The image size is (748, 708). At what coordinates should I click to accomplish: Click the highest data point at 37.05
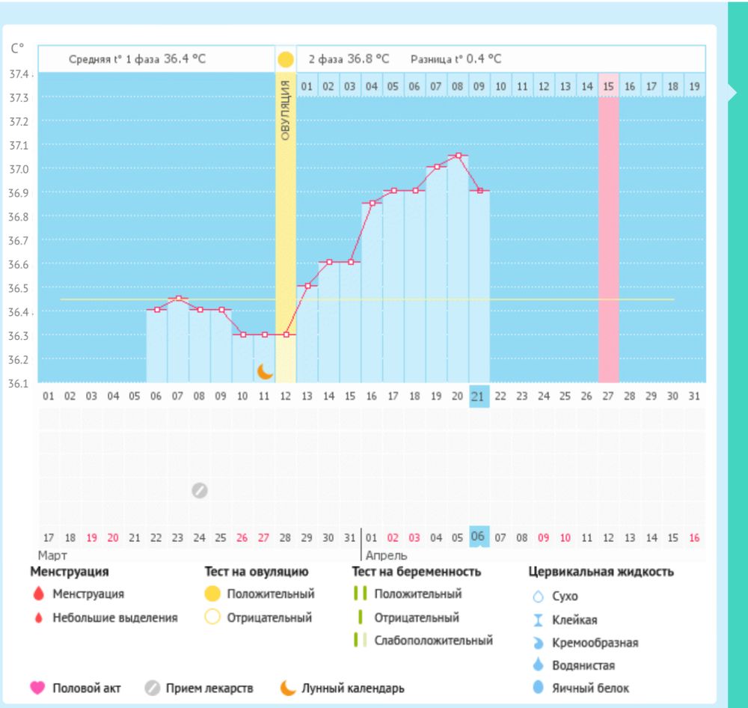pos(458,156)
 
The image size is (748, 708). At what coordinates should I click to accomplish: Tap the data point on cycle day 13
pos(307,286)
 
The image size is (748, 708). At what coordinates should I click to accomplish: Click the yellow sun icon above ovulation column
pos(285,60)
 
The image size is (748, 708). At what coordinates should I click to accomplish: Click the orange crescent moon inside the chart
pos(265,371)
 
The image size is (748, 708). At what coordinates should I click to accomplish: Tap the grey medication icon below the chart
pos(199,490)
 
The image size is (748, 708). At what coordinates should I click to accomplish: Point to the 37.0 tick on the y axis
pos(19,169)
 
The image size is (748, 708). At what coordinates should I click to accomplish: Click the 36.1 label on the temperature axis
pos(19,384)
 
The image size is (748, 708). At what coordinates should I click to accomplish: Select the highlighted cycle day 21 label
pos(479,396)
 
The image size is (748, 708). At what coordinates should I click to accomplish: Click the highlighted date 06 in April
pos(478,537)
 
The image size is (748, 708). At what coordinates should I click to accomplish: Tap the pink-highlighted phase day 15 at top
pos(608,87)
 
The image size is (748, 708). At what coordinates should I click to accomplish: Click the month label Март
pos(52,556)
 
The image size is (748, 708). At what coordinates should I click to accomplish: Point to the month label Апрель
pos(386,556)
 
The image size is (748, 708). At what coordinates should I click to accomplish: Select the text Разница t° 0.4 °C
pos(456,59)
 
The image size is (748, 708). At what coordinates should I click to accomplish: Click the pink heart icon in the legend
pos(37,688)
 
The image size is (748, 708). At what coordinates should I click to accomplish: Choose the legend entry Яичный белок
pos(590,689)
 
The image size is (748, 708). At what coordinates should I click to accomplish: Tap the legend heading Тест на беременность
pos(416,572)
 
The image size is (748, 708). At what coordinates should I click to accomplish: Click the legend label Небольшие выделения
pos(114,618)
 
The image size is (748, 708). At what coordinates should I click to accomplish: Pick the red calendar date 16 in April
pos(694,537)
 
